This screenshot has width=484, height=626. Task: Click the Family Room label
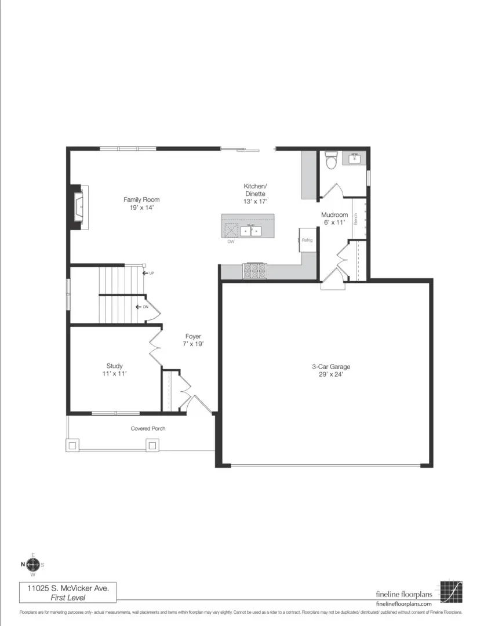click(141, 203)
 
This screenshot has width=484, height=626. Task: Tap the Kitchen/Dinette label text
click(256, 193)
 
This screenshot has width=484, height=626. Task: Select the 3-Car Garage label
click(331, 370)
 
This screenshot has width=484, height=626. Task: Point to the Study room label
click(114, 370)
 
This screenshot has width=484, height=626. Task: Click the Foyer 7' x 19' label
click(193, 340)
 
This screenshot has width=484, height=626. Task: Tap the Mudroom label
click(334, 218)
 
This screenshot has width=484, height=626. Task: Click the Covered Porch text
click(148, 428)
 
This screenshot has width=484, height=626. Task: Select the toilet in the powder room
click(331, 159)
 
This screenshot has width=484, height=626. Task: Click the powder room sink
click(354, 158)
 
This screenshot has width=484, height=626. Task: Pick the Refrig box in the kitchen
click(307, 240)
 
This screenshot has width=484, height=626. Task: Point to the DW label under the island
click(231, 242)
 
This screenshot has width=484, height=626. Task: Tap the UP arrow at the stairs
click(148, 272)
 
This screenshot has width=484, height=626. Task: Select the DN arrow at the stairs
click(141, 307)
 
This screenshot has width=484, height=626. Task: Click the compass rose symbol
click(32, 565)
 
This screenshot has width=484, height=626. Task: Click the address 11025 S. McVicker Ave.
click(67, 588)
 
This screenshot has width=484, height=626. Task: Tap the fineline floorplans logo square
click(451, 591)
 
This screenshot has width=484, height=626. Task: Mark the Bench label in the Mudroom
click(355, 219)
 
